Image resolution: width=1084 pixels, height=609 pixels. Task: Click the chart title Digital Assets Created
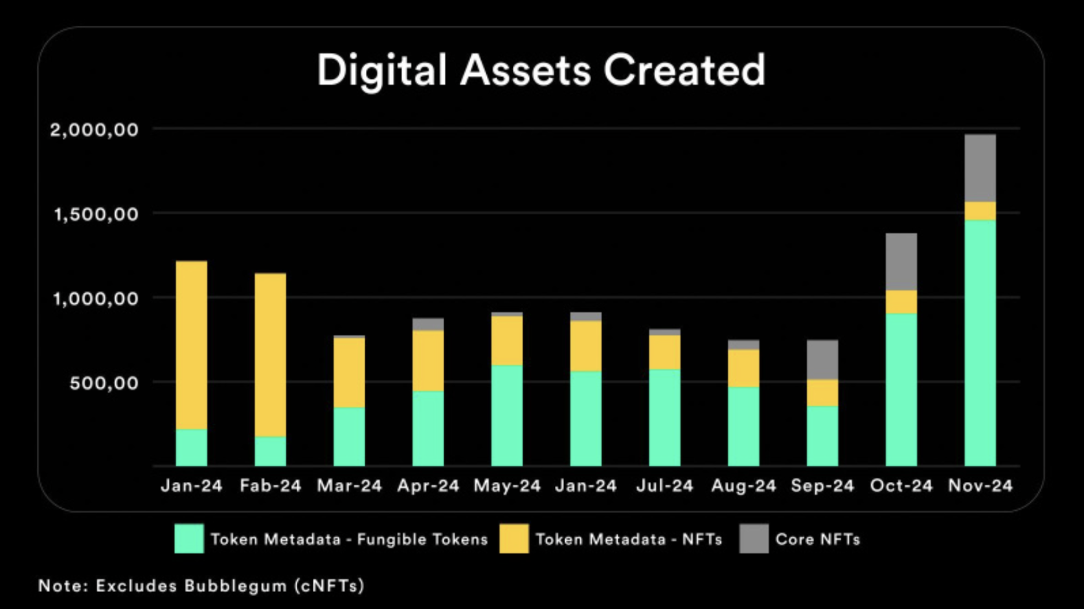tap(541, 70)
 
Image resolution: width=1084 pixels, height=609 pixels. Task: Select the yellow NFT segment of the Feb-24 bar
tap(270, 354)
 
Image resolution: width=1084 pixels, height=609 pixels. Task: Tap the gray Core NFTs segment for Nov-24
tap(980, 168)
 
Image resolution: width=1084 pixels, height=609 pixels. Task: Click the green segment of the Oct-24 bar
tap(901, 389)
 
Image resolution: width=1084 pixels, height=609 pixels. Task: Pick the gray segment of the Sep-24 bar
tap(822, 360)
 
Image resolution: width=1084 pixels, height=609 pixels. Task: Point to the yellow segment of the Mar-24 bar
tap(349, 373)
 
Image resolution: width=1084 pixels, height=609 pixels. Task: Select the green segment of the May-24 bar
tap(507, 415)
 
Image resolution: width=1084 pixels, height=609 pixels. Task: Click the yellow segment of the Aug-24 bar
tap(743, 368)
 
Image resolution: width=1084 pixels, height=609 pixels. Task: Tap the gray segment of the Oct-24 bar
tap(901, 262)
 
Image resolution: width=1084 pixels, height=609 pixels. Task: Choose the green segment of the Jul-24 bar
tap(664, 417)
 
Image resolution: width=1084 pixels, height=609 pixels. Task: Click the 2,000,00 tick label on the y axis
tap(95, 130)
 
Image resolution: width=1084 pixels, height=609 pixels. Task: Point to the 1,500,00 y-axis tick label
tap(96, 214)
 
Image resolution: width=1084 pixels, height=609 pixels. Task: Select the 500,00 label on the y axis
tap(104, 382)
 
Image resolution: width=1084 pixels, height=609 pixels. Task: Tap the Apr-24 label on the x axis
tap(428, 485)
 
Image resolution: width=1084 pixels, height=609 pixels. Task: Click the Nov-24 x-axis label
tap(980, 485)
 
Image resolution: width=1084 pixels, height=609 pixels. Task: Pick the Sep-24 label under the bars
tap(822, 485)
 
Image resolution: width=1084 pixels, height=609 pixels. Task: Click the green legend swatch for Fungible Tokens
tap(189, 538)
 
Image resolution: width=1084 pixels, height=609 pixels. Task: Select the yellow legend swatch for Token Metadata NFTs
tap(514, 538)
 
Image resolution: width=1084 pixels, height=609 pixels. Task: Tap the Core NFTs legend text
tap(818, 539)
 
